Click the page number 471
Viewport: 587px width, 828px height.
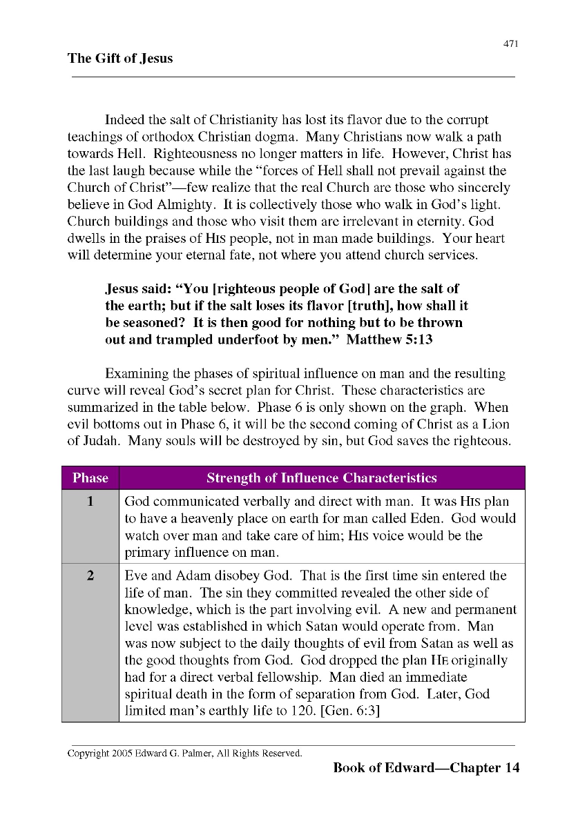510,44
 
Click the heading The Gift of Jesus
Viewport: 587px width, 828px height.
120,58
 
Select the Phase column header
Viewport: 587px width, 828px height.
90,478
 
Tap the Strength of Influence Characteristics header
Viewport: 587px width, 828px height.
322,478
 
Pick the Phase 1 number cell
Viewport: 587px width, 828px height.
90,502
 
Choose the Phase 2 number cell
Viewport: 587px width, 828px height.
90,576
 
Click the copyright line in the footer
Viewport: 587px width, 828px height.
184,753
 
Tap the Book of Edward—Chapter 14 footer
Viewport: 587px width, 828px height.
426,768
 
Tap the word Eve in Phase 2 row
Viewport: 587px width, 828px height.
136,576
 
